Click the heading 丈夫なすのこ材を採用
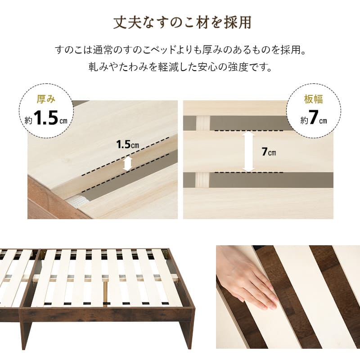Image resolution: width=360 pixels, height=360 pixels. point(180,23)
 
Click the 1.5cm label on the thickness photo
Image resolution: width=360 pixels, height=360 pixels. point(127,145)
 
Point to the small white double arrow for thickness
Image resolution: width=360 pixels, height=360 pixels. point(127,163)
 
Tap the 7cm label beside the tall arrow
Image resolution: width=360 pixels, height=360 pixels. point(269,152)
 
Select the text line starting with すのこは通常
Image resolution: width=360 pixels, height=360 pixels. point(180,49)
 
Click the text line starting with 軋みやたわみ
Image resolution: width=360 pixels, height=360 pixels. point(180,68)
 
